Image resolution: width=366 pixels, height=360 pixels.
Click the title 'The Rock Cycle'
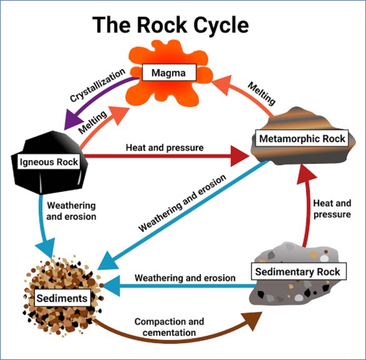click(x=171, y=25)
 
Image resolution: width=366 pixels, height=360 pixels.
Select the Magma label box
click(x=169, y=72)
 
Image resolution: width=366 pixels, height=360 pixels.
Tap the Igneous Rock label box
click(x=49, y=162)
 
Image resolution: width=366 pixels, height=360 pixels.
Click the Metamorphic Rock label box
click(x=302, y=139)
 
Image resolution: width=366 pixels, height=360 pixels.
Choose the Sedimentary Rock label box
click(x=298, y=272)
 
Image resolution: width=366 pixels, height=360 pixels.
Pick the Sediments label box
click(x=63, y=298)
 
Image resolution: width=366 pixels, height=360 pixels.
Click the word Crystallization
click(x=98, y=85)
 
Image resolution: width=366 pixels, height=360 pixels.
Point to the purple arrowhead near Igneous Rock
click(x=73, y=119)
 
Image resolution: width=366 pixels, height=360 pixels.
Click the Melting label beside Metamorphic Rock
click(x=262, y=94)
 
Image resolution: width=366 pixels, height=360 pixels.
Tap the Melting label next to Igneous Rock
click(x=93, y=122)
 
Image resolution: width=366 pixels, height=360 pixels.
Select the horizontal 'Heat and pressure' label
click(x=165, y=147)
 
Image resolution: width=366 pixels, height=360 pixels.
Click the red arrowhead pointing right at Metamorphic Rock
click(x=240, y=156)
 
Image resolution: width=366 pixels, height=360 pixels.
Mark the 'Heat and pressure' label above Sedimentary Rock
click(x=332, y=209)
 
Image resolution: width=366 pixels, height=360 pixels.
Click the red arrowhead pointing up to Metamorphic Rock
click(x=306, y=174)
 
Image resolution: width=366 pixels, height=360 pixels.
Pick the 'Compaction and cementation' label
click(x=169, y=327)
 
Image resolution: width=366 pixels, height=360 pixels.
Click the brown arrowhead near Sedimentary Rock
click(x=252, y=320)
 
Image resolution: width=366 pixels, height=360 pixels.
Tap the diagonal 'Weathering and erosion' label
click(x=182, y=203)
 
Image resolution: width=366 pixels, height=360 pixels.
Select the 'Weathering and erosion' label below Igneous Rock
click(x=71, y=211)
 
